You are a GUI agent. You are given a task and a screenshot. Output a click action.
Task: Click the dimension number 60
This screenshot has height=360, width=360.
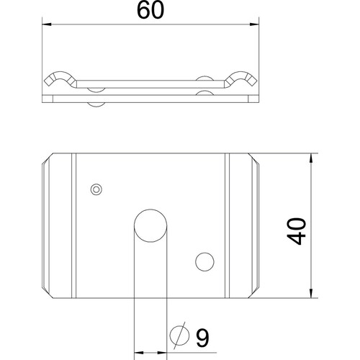(150, 10)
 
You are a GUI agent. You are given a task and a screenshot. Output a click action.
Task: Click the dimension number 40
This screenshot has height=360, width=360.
(297, 231)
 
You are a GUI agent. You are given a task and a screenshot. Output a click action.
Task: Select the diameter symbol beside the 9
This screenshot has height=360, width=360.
(179, 336)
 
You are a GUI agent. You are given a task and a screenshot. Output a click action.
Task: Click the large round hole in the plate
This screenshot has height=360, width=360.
(150, 225)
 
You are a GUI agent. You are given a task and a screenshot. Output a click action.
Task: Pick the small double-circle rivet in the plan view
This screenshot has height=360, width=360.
(96, 189)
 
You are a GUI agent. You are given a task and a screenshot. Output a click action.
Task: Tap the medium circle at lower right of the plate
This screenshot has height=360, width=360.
(204, 262)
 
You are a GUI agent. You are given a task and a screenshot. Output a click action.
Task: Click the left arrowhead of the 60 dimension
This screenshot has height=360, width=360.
(47, 24)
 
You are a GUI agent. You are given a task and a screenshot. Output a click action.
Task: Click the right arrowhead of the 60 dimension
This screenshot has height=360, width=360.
(254, 24)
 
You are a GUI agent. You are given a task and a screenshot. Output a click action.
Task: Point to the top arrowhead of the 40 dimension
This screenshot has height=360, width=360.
(311, 158)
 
